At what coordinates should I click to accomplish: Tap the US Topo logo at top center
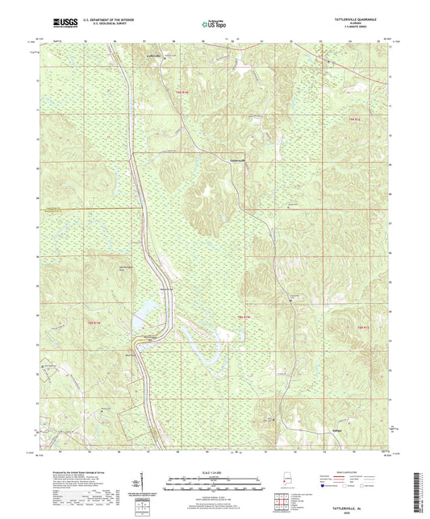click(x=214, y=25)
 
